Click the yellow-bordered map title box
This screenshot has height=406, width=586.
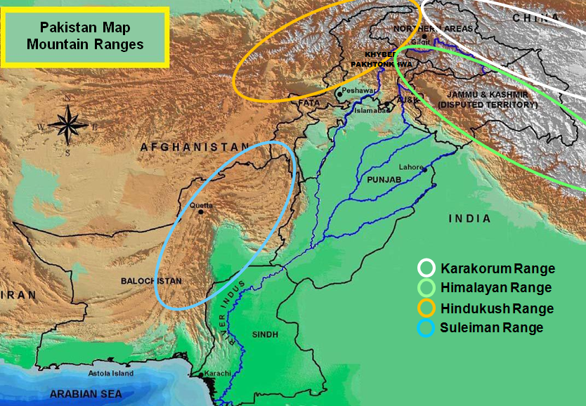click(x=86, y=37)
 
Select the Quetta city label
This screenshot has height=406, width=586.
click(x=202, y=205)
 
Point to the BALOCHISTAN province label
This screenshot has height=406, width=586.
click(x=150, y=280)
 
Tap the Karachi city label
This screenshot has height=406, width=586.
click(x=218, y=373)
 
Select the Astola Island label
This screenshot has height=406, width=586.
click(x=111, y=374)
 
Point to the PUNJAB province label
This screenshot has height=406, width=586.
click(x=383, y=181)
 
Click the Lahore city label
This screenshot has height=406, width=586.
click(x=410, y=167)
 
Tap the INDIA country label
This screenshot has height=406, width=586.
click(x=470, y=219)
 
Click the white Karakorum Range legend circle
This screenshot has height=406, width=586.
click(x=427, y=268)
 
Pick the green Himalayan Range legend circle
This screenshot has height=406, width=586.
click(x=427, y=288)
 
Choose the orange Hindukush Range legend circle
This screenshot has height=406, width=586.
click(x=427, y=308)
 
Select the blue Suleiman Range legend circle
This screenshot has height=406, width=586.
click(x=427, y=328)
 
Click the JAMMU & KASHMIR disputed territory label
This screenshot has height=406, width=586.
click(x=486, y=99)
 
